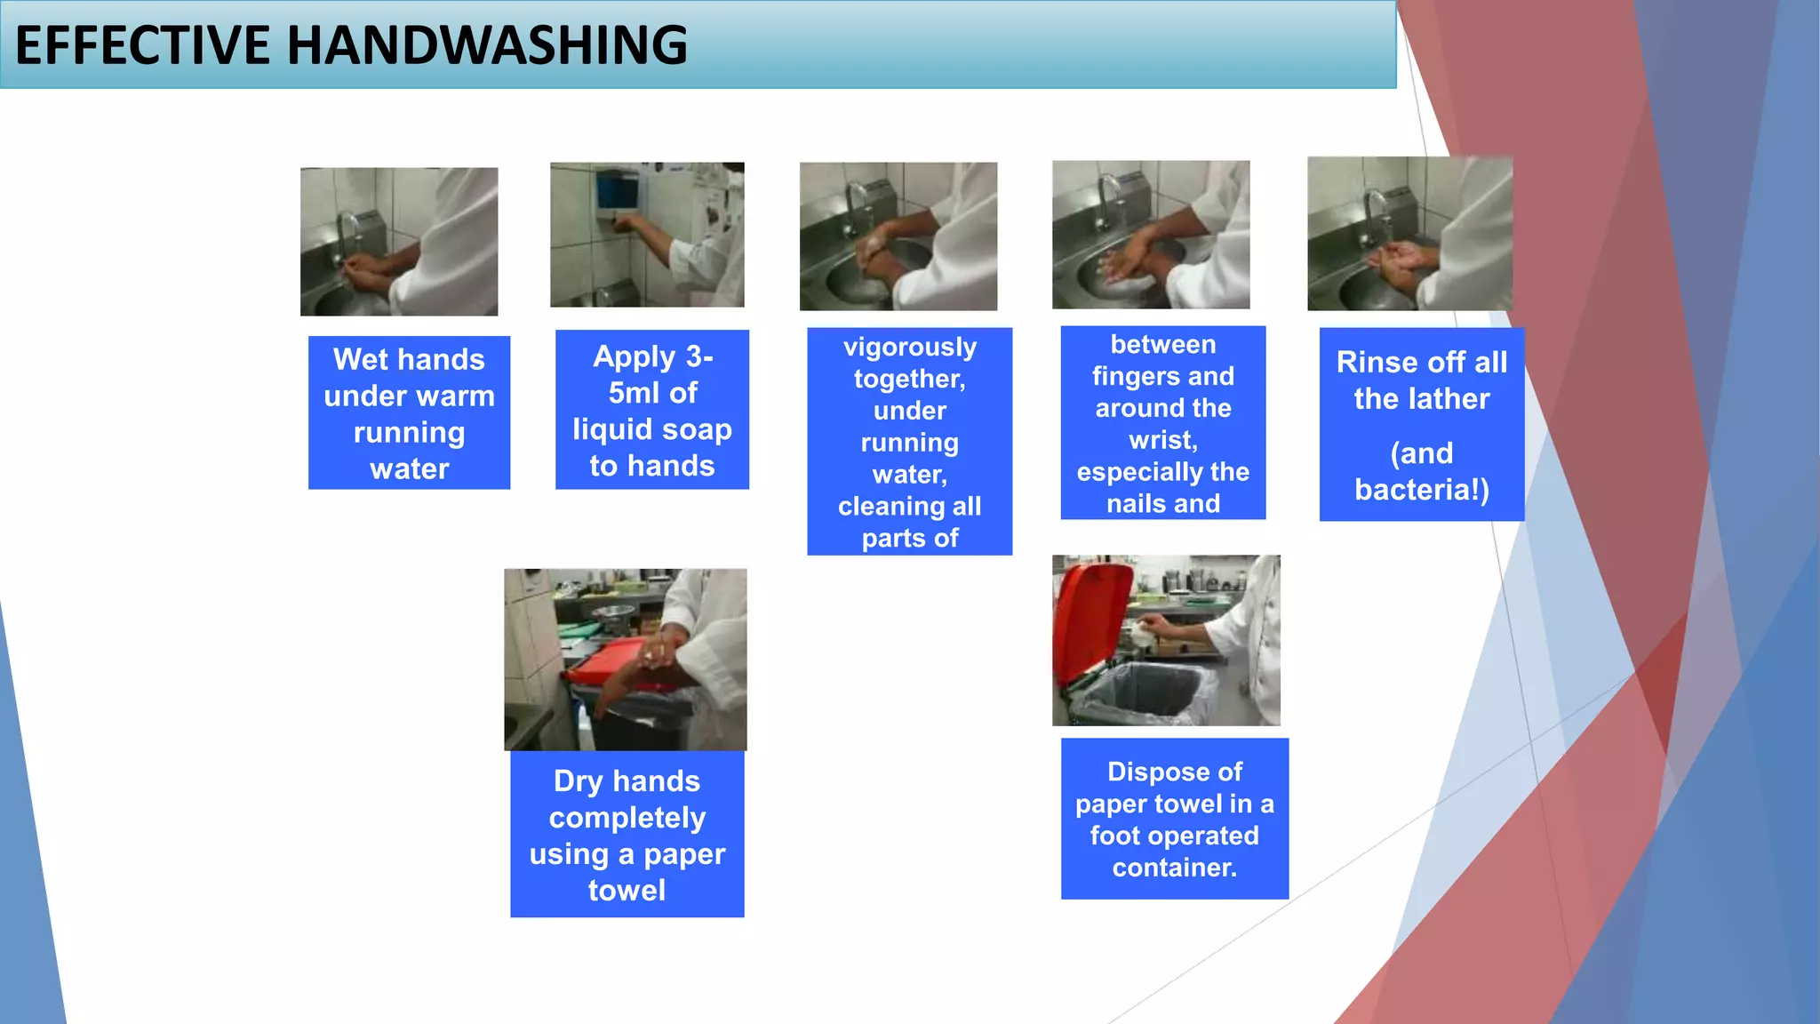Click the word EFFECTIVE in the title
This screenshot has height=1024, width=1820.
[142, 45]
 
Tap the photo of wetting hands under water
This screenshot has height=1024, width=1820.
[398, 241]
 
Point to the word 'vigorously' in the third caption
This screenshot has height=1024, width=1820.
[909, 347]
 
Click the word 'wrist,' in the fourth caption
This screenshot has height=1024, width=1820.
[1162, 440]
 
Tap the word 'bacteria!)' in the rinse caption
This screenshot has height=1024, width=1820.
[1421, 490]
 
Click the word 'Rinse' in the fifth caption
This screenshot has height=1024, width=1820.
[1376, 363]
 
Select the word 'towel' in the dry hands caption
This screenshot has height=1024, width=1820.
[627, 891]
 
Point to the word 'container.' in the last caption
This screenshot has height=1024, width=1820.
[1174, 868]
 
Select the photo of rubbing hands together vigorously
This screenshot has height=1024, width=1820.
[898, 236]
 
